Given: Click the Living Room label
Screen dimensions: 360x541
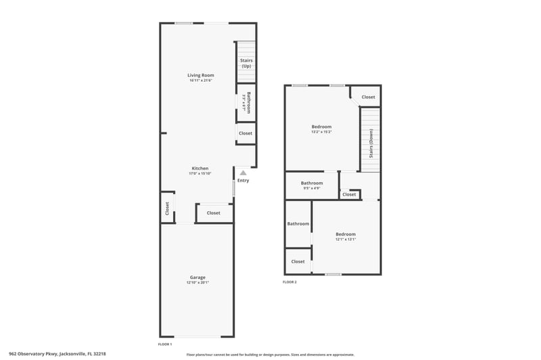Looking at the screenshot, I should tap(201, 74).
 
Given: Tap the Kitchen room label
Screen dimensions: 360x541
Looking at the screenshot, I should tap(200, 168).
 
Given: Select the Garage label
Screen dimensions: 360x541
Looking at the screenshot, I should tap(197, 277).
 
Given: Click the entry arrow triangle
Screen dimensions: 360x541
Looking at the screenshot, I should tap(243, 173).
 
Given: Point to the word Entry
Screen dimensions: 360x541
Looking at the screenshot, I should tap(243, 180).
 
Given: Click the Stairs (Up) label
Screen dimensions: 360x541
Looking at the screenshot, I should tap(246, 63).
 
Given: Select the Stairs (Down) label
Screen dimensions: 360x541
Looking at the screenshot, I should tap(371, 143).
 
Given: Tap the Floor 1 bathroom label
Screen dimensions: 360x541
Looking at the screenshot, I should tap(249, 102).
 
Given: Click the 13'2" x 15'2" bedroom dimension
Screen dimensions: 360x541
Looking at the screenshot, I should tap(321, 132).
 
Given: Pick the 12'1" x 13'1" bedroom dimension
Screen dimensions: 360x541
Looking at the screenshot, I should tap(346, 239).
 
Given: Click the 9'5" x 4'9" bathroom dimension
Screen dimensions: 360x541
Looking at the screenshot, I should tap(312, 188).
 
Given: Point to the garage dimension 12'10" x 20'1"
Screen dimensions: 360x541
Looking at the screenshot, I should tap(197, 282).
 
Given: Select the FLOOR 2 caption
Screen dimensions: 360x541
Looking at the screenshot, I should tap(289, 282).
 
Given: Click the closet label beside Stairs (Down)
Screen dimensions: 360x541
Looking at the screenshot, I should tap(368, 97).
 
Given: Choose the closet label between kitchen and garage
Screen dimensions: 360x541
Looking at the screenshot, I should tap(214, 213).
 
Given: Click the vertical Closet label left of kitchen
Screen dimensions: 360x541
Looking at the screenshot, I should tap(166, 209).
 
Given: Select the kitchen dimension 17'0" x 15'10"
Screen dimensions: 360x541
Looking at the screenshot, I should tap(200, 173).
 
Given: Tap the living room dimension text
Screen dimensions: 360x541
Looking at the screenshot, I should tap(201, 81).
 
